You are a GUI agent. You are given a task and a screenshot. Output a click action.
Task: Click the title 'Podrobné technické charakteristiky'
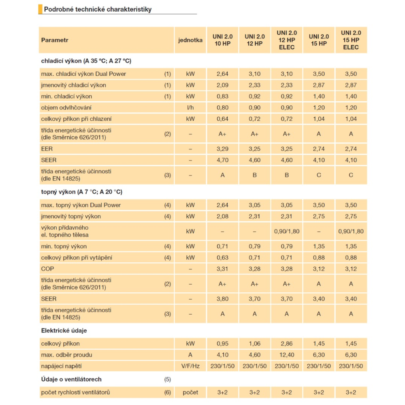coord(98,9)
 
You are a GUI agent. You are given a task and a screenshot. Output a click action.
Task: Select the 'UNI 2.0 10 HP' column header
coord(222,40)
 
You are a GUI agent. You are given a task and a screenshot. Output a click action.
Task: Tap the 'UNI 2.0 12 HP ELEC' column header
coord(287,40)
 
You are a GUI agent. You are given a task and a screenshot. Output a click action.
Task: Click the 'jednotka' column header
coord(190,40)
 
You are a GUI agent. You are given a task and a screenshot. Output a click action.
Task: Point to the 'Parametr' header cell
coord(55,40)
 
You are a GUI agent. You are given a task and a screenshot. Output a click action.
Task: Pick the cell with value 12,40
coord(287,355)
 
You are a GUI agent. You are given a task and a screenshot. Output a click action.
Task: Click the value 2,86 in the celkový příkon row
coord(287,343)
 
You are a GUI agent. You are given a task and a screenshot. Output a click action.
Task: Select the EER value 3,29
coord(222,149)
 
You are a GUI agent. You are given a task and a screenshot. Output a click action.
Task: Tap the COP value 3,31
coord(222,269)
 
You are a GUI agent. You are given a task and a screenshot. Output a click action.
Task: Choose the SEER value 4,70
coord(222,160)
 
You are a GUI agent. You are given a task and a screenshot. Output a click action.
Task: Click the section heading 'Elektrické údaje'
coord(64,330)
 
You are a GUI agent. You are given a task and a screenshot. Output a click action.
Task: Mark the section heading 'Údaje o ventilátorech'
coord(71,379)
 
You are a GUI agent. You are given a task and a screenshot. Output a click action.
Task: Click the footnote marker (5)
coord(168,379)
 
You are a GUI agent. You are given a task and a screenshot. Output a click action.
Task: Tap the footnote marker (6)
coord(168,392)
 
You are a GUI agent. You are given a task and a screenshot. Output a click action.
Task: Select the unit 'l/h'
coord(190,108)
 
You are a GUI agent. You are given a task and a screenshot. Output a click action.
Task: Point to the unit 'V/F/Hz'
coord(190,366)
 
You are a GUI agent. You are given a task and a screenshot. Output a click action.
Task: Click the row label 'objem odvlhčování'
coord(66,108)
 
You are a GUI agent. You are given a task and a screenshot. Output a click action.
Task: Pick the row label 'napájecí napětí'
coord(62,366)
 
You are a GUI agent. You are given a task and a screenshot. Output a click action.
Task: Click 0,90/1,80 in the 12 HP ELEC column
coord(287,231)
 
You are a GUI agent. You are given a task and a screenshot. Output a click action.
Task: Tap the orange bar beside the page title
coord(40,9)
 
